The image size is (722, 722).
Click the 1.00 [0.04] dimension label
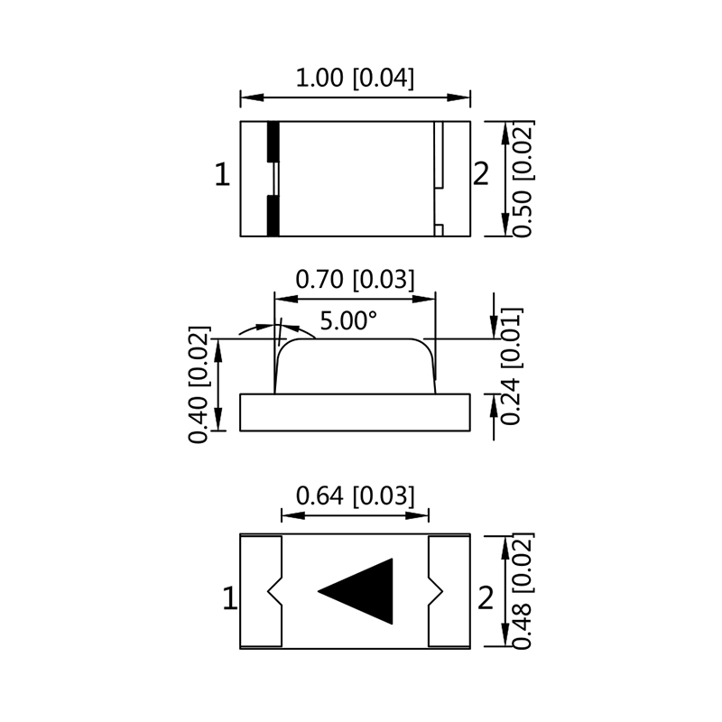coord(356,79)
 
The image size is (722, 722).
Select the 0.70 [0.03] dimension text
coord(356,280)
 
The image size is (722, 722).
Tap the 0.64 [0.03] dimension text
coord(356,495)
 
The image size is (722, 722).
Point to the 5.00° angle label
coord(347,320)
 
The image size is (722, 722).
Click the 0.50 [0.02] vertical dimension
coord(523,178)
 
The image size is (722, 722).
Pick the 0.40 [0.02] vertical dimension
coord(199,384)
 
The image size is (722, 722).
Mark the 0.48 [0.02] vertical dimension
coord(523,591)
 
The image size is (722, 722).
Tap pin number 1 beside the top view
coord(222,175)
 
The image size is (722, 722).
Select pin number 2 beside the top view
coord(481,175)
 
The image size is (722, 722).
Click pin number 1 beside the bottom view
coord(229,598)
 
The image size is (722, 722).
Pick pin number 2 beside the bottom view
coord(486,598)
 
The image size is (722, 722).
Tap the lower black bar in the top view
coord(273,215)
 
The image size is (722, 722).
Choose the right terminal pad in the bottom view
coord(449,591)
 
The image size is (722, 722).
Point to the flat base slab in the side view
coord(356,413)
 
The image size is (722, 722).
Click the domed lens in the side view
coord(356,366)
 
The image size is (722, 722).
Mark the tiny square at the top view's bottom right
coord(439,230)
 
